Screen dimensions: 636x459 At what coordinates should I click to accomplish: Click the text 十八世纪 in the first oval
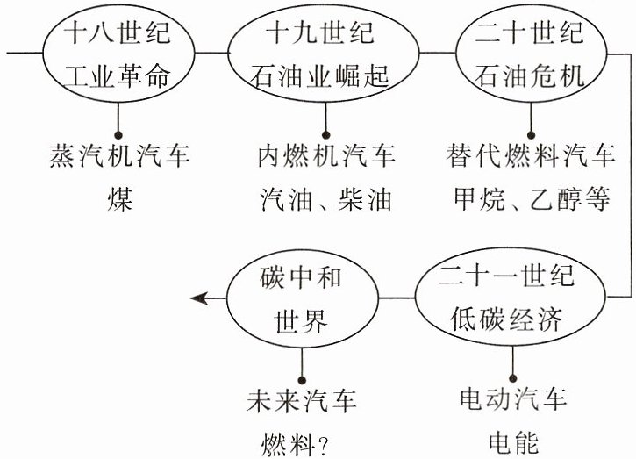(118, 32)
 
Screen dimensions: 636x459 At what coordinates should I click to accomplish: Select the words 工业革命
(118, 75)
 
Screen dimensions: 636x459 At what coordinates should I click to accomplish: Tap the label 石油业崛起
(320, 75)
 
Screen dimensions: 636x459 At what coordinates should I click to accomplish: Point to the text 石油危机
(530, 75)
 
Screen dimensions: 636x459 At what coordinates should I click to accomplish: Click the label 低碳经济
(507, 319)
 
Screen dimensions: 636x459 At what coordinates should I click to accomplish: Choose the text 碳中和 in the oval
(301, 277)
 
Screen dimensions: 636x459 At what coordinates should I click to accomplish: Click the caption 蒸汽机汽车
(119, 155)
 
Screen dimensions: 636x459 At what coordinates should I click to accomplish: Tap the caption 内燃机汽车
(326, 155)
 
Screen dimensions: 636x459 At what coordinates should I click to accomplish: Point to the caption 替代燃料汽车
(531, 155)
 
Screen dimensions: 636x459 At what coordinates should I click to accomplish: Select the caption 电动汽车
(513, 398)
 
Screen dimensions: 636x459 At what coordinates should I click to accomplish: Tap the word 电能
(513, 441)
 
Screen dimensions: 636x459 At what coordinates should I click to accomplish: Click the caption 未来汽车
(302, 400)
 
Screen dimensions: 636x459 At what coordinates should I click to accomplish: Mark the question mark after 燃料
(324, 445)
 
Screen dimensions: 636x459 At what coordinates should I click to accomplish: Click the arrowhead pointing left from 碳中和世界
(199, 298)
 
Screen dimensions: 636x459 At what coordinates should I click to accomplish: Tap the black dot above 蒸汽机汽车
(118, 135)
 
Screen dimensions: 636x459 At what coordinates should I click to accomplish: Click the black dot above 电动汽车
(512, 378)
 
